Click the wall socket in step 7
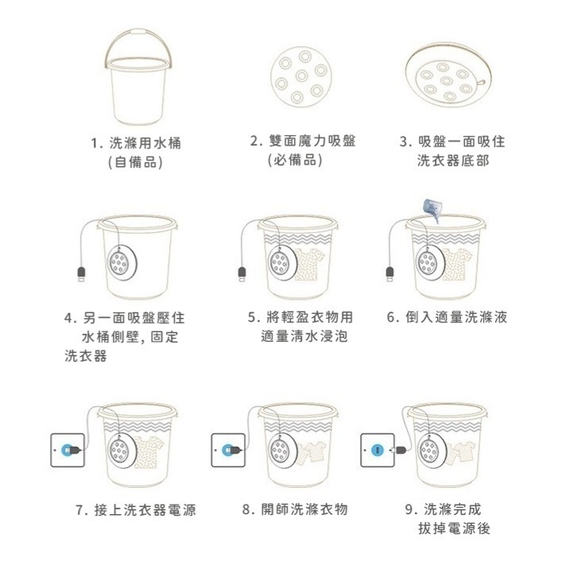pos(67,451)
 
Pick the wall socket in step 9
pos(377,451)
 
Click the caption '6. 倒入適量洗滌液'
pos(447,318)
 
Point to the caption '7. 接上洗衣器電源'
pos(136,509)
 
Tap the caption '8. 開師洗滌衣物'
pos(295,509)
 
